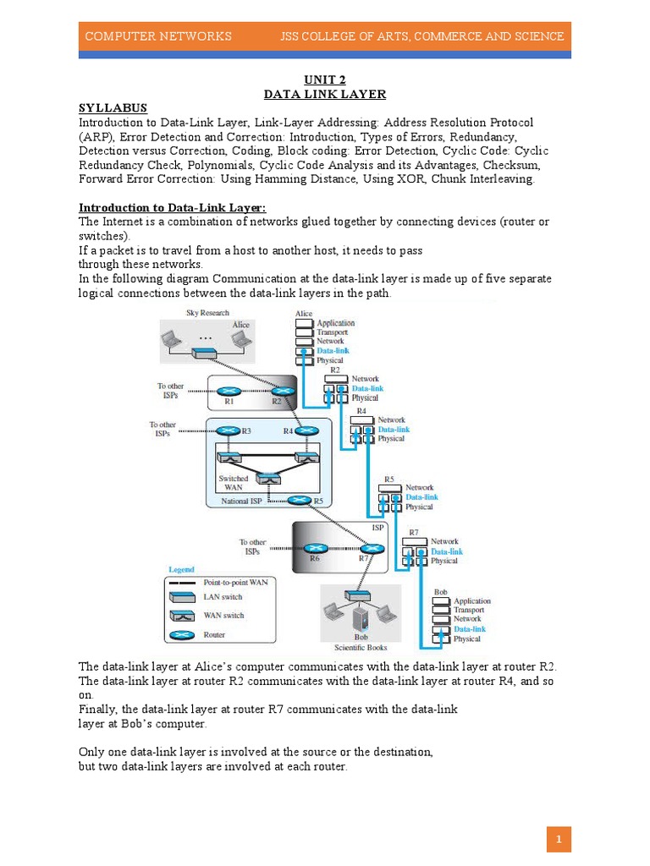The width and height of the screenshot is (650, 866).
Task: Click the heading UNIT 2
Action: click(x=325, y=80)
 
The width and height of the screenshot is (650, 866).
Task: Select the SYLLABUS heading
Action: click(x=113, y=108)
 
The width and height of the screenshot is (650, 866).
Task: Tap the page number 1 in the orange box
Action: click(x=559, y=840)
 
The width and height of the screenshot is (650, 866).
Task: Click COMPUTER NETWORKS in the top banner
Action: click(x=158, y=36)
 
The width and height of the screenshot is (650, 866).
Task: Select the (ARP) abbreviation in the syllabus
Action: click(x=97, y=136)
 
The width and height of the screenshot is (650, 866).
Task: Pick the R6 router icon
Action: click(x=316, y=548)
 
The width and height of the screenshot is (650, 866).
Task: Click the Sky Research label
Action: click(x=207, y=314)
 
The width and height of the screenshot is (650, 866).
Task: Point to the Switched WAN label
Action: click(x=234, y=484)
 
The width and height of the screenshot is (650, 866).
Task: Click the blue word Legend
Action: click(x=181, y=569)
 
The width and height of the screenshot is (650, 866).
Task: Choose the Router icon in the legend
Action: click(x=182, y=634)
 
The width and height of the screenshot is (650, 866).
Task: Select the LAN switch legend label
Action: click(x=223, y=598)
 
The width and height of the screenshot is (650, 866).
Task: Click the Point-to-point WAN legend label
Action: click(x=235, y=583)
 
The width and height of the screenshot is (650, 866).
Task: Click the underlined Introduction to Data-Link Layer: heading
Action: click(x=173, y=207)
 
